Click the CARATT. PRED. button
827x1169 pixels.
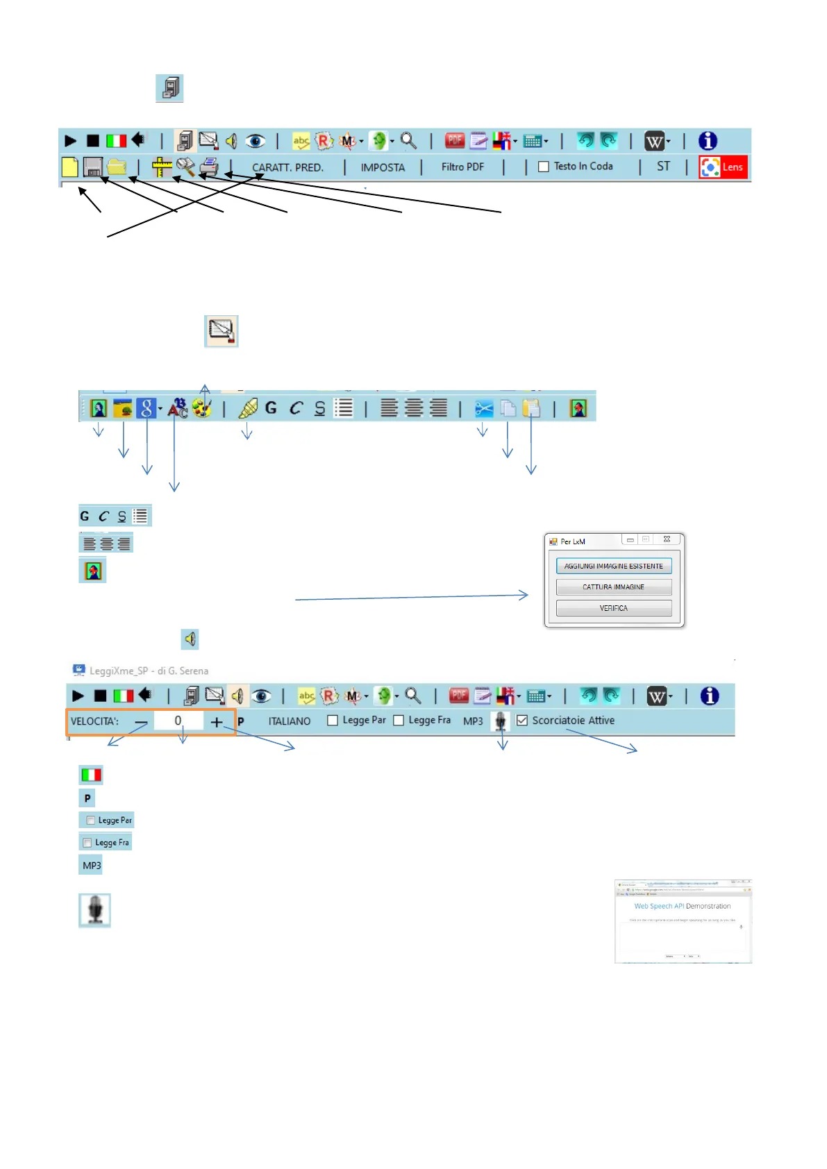[x=287, y=167]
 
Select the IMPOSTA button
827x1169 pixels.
[x=383, y=167]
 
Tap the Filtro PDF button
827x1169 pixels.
[x=462, y=167]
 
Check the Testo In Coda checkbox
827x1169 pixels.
[x=544, y=167]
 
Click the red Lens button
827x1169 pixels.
[x=723, y=167]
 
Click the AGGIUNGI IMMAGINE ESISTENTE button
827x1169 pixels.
[x=613, y=566]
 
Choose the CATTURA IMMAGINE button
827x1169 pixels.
[x=613, y=587]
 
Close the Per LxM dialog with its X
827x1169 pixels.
[x=667, y=539]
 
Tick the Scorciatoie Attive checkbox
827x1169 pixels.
[x=522, y=721]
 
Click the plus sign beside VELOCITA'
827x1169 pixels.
[x=217, y=722]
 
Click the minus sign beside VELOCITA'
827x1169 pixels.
[x=141, y=722]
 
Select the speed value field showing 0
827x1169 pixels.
[x=178, y=721]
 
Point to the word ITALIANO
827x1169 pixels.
[x=290, y=721]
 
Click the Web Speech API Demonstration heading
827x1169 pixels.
[x=682, y=906]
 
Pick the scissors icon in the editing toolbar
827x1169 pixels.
[x=483, y=409]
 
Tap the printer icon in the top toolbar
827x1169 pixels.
[x=209, y=167]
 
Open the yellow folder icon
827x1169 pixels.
[x=117, y=167]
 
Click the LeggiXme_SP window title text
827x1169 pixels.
[x=149, y=671]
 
